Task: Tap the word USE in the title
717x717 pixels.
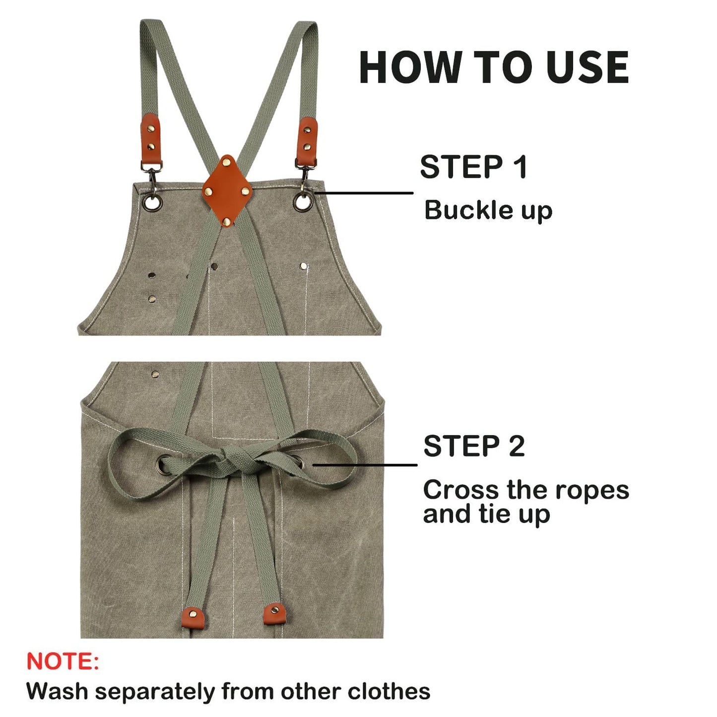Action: click(x=587, y=67)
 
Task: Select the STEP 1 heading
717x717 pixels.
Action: click(x=473, y=167)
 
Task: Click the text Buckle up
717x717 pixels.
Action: click(x=488, y=210)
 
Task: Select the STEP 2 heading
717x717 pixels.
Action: click(x=474, y=446)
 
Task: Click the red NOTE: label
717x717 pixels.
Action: click(x=63, y=661)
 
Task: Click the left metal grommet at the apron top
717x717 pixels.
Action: click(x=152, y=201)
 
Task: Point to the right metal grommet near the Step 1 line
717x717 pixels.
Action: click(x=302, y=201)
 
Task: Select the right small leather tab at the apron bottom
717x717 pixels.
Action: click(x=274, y=614)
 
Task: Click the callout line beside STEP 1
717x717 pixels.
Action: click(x=365, y=193)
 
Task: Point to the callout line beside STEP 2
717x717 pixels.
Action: click(x=365, y=465)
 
